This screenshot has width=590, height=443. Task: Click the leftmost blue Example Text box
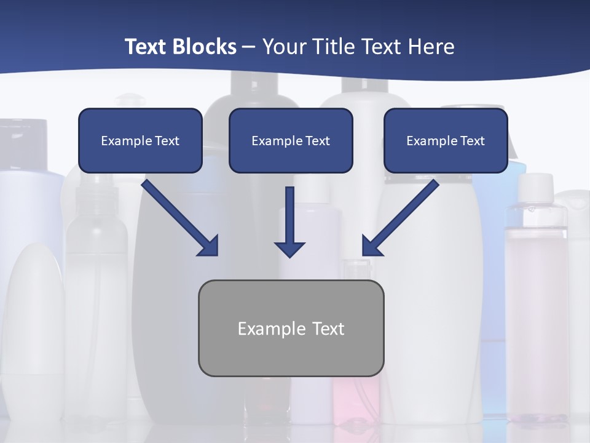coord(140,140)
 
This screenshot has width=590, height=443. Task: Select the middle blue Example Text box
coord(291,140)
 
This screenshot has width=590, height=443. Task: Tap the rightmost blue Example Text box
coord(446,140)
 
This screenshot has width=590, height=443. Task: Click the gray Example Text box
coord(291,328)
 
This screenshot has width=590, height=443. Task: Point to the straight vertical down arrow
coord(289,221)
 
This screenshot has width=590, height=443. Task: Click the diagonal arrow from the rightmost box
coord(400,218)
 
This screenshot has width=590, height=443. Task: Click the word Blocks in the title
coord(205,47)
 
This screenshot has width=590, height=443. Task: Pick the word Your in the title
coord(285,47)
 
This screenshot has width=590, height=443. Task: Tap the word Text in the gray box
coord(328,329)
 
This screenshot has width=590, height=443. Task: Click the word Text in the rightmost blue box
coord(472,141)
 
